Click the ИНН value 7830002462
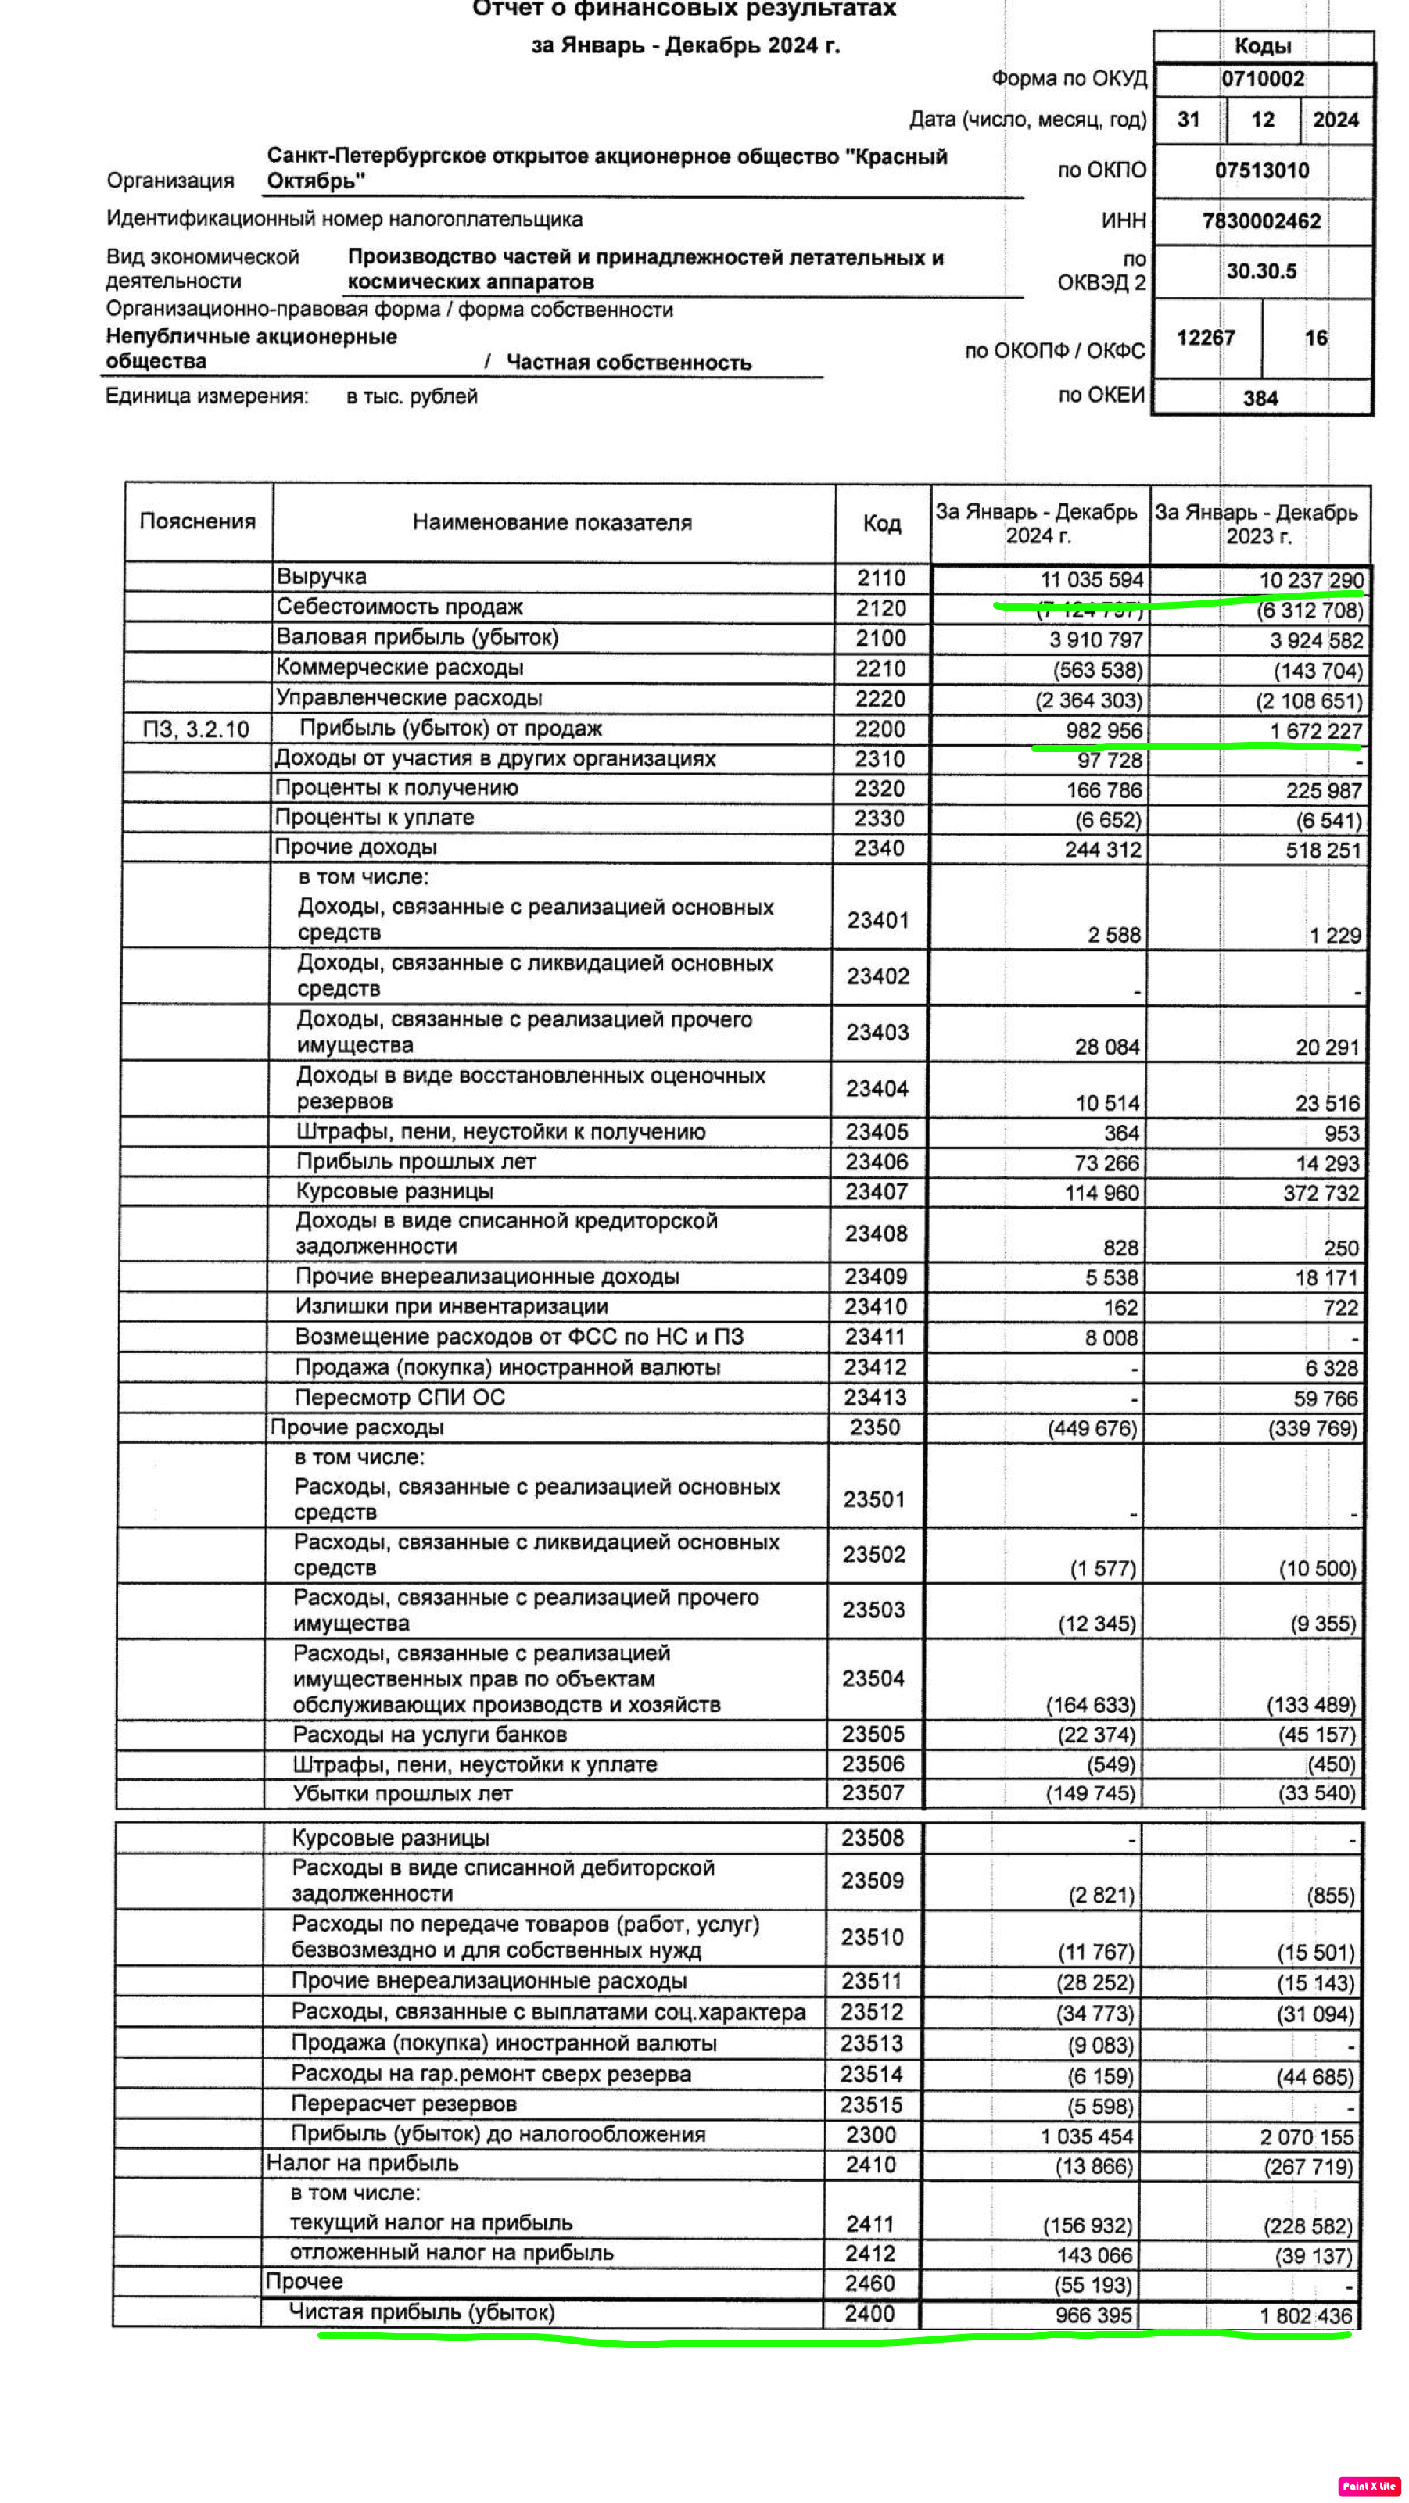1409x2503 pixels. coord(1261,221)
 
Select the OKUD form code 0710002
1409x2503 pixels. coord(1262,79)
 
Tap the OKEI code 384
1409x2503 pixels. coord(1260,399)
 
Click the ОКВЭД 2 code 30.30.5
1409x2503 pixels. coord(1261,271)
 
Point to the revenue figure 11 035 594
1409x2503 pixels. coord(1092,580)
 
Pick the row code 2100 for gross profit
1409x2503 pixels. coord(880,639)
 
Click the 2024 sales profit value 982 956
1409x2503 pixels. coord(1104,731)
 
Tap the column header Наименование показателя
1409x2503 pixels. coord(552,523)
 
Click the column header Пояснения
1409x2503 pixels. coord(197,521)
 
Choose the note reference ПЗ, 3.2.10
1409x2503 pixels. coord(195,730)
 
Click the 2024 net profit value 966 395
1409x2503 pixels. coord(1093,2315)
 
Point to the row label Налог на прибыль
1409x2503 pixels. coord(363,2163)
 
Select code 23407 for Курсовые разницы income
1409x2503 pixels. coord(876,1191)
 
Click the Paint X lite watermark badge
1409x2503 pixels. coord(1368,2486)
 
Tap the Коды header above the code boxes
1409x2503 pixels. coord(1262,45)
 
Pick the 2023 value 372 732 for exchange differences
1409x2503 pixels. coord(1321,1193)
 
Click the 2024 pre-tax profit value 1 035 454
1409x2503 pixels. coord(1086,2136)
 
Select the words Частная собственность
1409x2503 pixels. coord(629,363)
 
